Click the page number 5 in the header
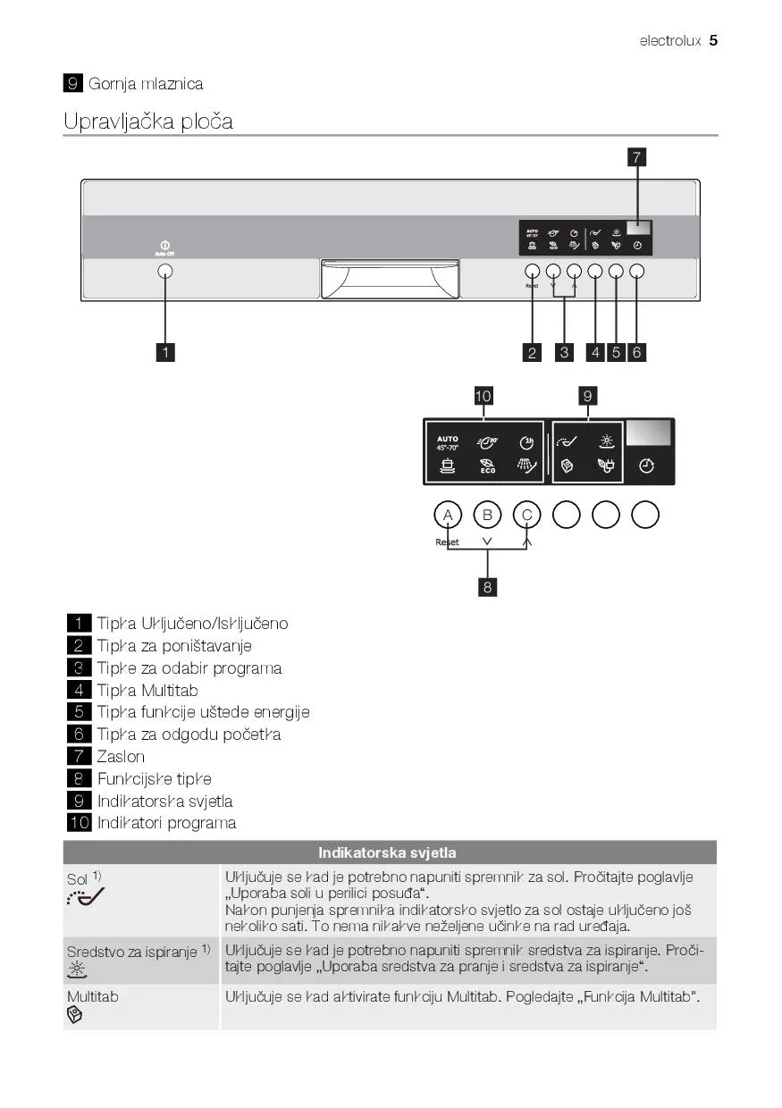[713, 40]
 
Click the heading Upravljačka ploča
[148, 122]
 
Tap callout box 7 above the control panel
[636, 158]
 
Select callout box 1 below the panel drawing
[164, 352]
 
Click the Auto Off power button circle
[165, 271]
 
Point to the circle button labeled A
[447, 515]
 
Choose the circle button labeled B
[487, 515]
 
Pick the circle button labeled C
[527, 515]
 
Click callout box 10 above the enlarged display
[483, 396]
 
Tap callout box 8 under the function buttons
[487, 587]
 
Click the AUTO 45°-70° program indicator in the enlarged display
[448, 442]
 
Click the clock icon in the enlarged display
[646, 466]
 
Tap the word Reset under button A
[447, 542]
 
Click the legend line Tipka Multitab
[147, 690]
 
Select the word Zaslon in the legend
[121, 756]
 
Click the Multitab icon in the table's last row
[75, 1015]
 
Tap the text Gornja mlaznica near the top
[146, 84]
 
